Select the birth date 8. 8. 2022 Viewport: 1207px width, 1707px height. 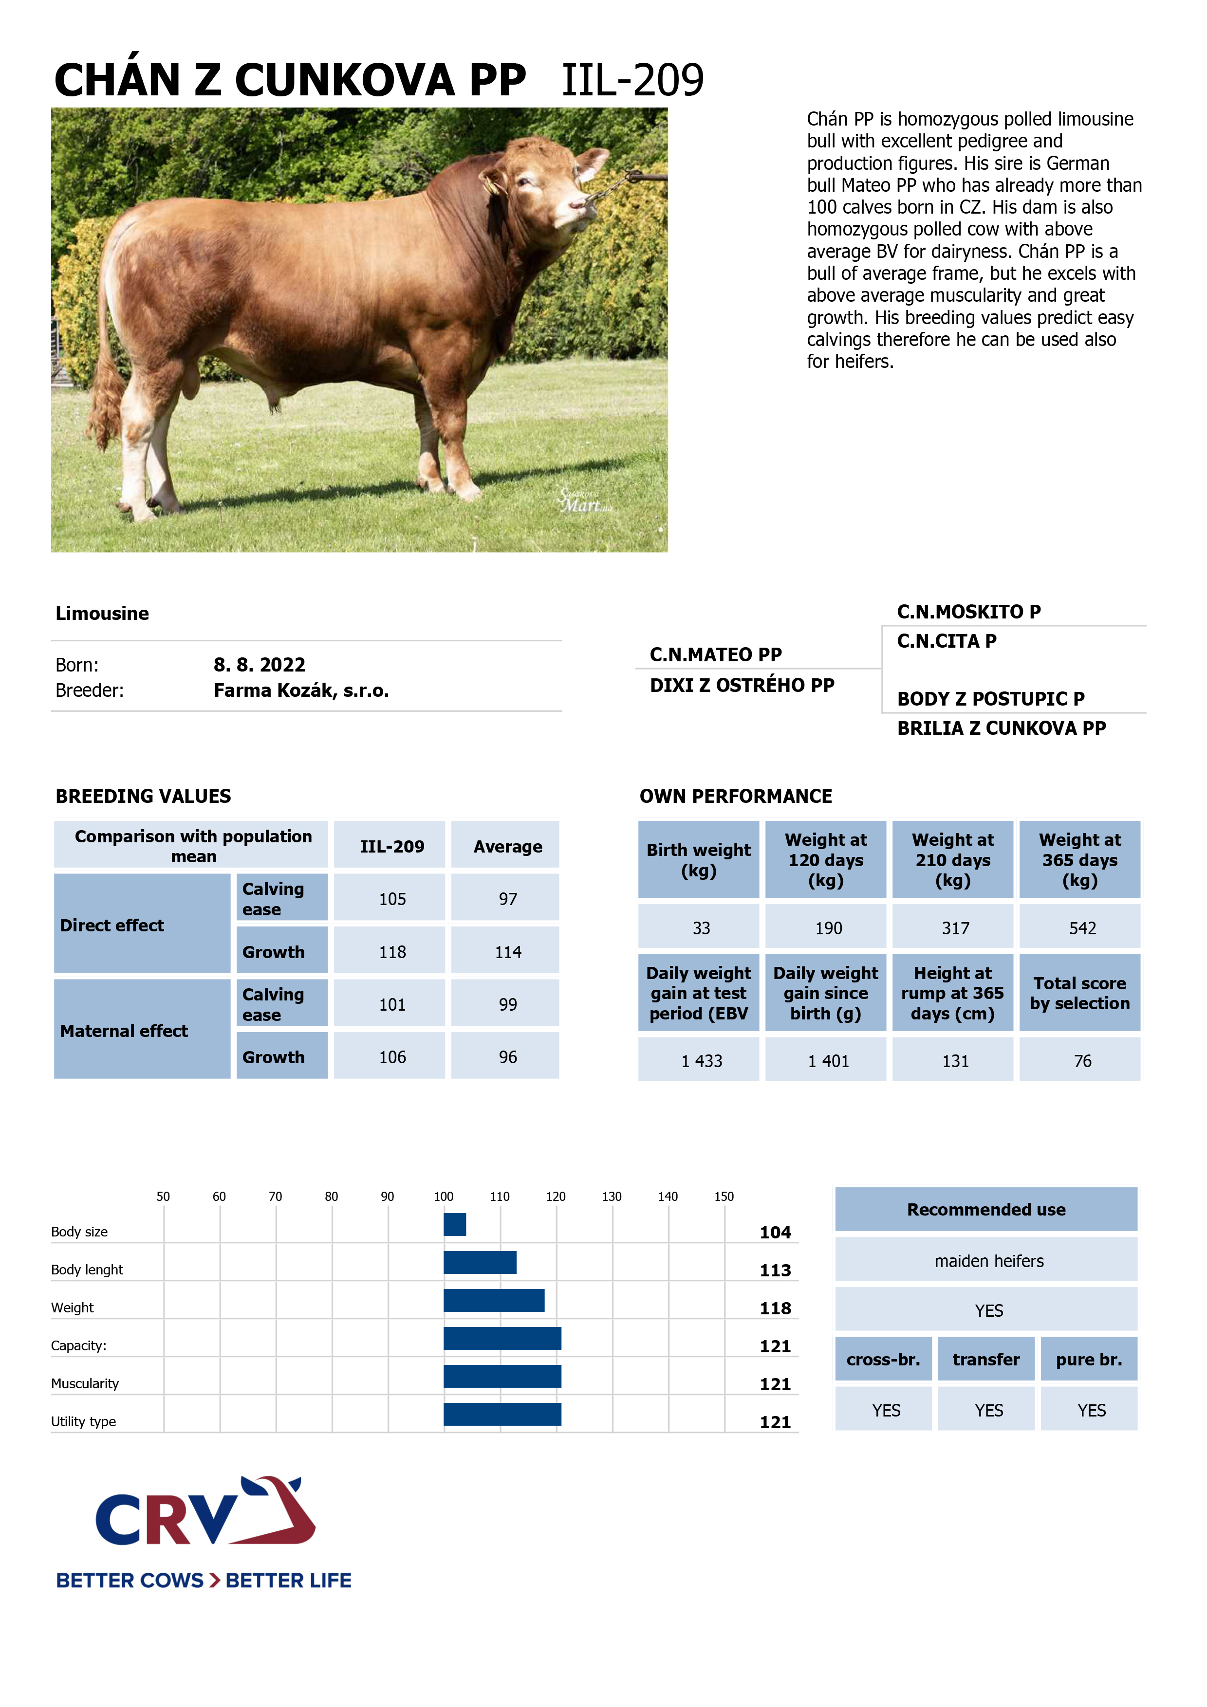pos(259,665)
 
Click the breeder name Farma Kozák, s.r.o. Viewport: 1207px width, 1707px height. pos(301,690)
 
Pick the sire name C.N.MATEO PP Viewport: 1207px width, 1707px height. pos(715,655)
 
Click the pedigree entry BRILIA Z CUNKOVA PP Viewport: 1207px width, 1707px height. pos(1001,728)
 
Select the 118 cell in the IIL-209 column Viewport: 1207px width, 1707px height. pos(392,952)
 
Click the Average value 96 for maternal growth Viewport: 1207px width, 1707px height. pos(507,1057)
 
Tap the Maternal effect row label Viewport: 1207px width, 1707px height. pos(124,1031)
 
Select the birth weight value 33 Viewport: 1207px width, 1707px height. pos(701,928)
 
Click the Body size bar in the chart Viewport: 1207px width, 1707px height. pos(454,1224)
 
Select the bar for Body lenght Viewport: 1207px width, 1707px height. pos(480,1262)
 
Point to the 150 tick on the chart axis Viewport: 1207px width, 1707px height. pos(724,1197)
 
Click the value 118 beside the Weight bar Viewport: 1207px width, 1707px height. pos(775,1308)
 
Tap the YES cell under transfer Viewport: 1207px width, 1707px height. pos(988,1410)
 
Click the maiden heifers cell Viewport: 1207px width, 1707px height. pos(988,1261)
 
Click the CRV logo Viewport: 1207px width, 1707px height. pos(204,1513)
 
